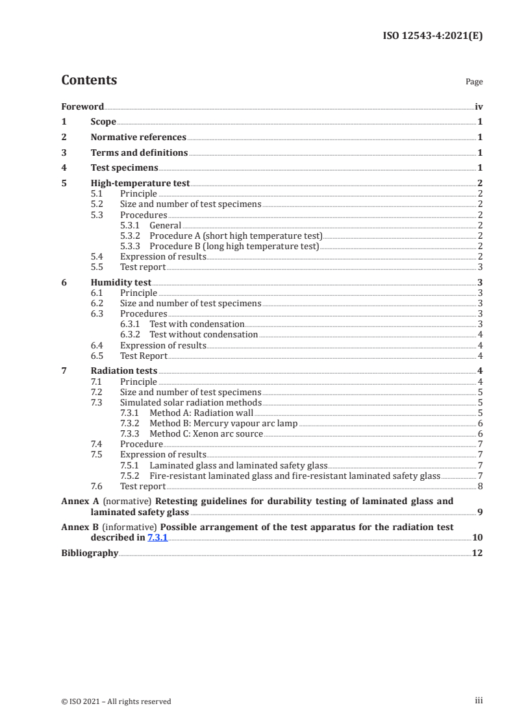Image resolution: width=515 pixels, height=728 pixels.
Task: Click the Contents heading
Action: pyautogui.click(x=89, y=80)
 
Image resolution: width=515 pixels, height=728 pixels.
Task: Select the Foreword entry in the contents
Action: pyautogui.click(x=82, y=106)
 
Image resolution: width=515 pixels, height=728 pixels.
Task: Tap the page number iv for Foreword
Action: pyautogui.click(x=479, y=106)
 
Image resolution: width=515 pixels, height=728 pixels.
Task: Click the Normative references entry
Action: pyautogui.click(x=138, y=138)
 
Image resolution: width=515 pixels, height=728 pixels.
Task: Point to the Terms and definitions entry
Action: pyautogui.click(x=139, y=153)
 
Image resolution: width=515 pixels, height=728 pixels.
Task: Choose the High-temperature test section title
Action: pyautogui.click(x=140, y=184)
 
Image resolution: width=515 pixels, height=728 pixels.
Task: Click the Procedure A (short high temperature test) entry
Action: pyautogui.click(x=236, y=236)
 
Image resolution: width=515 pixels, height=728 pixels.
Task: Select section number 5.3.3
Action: pyautogui.click(x=132, y=247)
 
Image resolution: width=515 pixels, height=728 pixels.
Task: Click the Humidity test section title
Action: pyautogui.click(x=121, y=283)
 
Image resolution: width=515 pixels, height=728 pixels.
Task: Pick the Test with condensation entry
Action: pyautogui.click(x=197, y=324)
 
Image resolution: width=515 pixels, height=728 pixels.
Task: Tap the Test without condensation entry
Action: pyautogui.click(x=203, y=335)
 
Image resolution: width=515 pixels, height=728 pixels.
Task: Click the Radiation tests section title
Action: pyautogui.click(x=124, y=371)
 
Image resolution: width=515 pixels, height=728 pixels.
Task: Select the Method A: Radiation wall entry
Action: pyautogui.click(x=201, y=413)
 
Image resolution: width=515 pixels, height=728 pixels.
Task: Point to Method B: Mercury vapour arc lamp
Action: pyautogui.click(x=223, y=423)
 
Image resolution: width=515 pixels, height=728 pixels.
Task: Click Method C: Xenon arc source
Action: pyautogui.click(x=206, y=433)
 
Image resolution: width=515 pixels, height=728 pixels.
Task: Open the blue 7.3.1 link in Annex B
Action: pyautogui.click(x=158, y=538)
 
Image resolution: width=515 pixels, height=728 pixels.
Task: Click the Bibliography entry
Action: pyautogui.click(x=90, y=553)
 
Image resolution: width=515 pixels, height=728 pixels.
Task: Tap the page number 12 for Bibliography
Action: pyautogui.click(x=477, y=553)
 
